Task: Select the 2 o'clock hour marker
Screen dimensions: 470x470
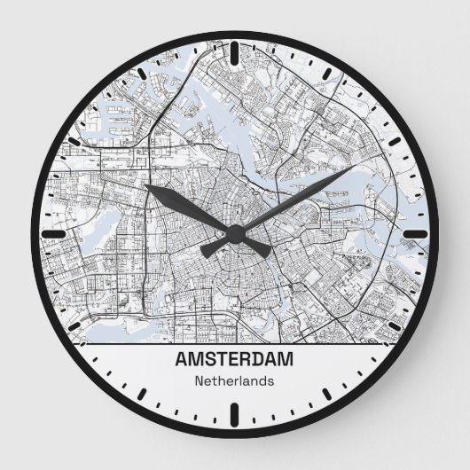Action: [x=392, y=144]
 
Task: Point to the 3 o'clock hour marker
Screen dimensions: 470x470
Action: [x=416, y=234]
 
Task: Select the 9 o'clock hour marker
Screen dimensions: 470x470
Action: [x=53, y=234]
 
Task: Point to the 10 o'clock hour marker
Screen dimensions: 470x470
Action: [x=78, y=144]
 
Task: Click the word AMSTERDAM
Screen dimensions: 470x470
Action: [x=235, y=361]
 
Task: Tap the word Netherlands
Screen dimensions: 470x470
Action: [x=234, y=381]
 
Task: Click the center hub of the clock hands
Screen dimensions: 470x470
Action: [x=235, y=234]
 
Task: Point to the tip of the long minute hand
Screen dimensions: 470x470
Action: [x=355, y=166]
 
